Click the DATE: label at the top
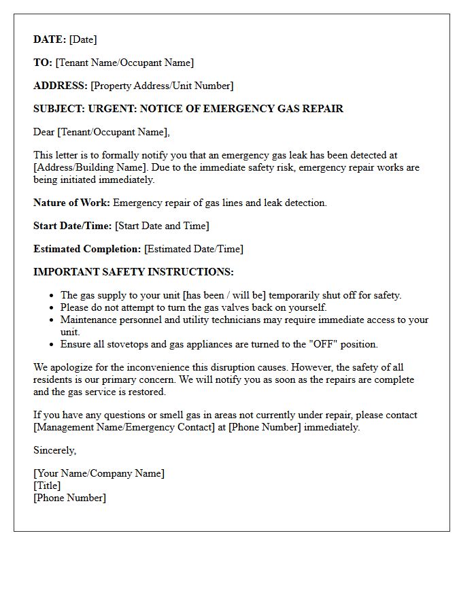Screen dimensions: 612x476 click(x=50, y=39)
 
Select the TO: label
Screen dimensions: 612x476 click(x=43, y=63)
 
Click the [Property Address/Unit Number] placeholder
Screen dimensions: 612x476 click(x=162, y=86)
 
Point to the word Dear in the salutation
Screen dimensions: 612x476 click(x=44, y=132)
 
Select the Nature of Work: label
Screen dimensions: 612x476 click(x=71, y=203)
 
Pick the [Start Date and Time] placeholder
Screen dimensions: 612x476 click(x=162, y=226)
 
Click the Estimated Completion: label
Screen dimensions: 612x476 click(x=87, y=249)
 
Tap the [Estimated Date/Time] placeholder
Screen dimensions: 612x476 click(x=194, y=249)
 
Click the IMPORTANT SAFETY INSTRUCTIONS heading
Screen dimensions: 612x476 click(x=133, y=272)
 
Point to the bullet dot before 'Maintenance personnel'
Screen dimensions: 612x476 click(x=52, y=320)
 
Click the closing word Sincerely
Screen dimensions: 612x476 click(x=55, y=450)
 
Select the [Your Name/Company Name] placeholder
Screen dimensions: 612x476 click(x=99, y=473)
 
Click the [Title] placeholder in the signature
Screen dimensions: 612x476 click(x=47, y=486)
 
